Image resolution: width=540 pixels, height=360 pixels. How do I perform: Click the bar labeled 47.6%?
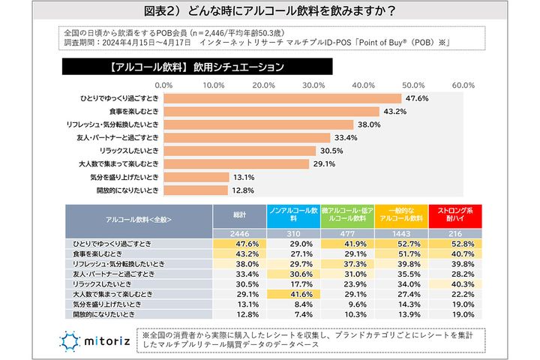(x=281, y=98)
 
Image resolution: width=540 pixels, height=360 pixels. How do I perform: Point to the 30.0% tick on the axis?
(x=313, y=85)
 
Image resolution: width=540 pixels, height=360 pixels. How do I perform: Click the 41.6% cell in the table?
(x=293, y=295)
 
